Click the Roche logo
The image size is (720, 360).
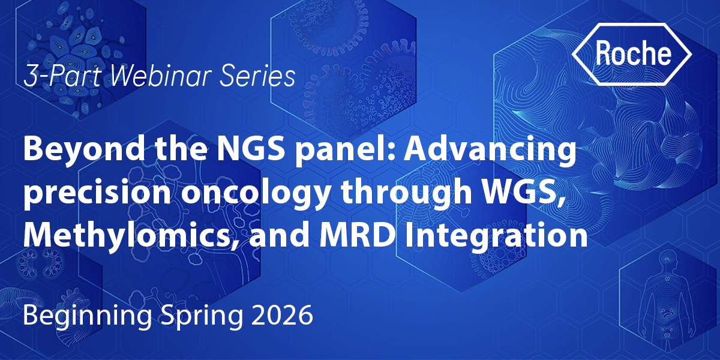tap(632, 55)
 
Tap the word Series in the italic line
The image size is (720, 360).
tap(257, 76)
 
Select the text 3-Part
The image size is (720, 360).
tap(62, 76)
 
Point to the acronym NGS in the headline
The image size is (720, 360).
tap(251, 149)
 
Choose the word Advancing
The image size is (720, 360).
tap(490, 150)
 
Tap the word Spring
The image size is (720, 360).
tap(202, 317)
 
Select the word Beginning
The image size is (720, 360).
tap(88, 317)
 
